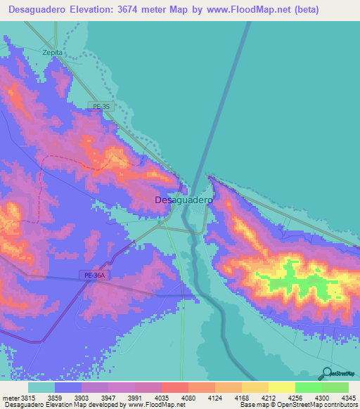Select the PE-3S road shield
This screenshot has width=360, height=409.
[102, 106]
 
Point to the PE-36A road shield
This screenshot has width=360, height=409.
[91, 276]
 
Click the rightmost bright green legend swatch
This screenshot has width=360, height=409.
[335, 387]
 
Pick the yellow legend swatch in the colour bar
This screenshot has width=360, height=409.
[282, 387]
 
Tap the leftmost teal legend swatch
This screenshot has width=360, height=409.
[41, 387]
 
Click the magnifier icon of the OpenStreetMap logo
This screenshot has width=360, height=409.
[326, 374]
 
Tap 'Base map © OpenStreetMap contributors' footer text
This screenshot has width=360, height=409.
[297, 405]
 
